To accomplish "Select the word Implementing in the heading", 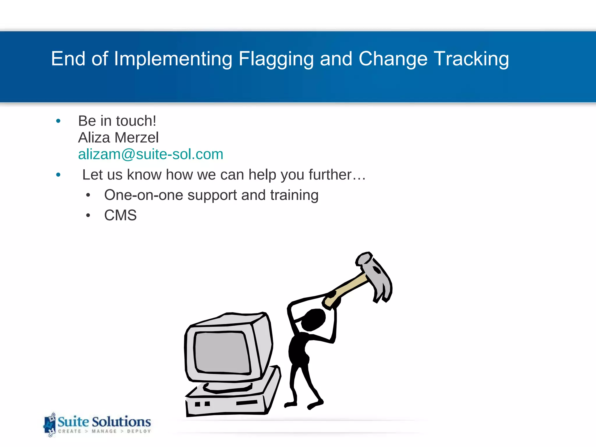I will [173, 59].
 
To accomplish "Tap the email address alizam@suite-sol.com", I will [150, 154].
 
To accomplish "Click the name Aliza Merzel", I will [118, 138].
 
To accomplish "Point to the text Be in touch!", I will [117, 121].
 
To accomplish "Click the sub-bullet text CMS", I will [120, 215].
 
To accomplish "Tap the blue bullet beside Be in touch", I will [58, 121].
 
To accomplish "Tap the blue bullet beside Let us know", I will [58, 175].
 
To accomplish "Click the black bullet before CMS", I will [88, 216].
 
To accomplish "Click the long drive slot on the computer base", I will [247, 403].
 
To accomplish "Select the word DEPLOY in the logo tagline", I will [139, 431].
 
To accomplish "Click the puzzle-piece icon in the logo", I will [49, 425].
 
